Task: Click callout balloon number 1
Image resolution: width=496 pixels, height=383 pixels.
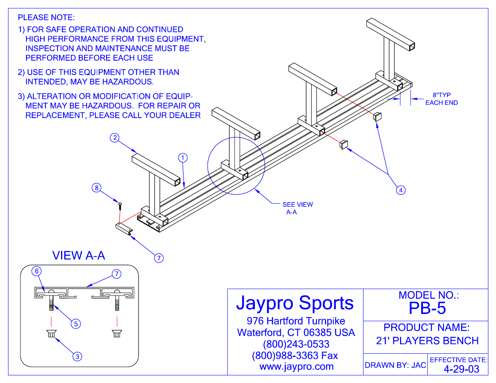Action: (x=183, y=157)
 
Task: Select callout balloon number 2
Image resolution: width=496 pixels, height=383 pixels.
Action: (x=115, y=138)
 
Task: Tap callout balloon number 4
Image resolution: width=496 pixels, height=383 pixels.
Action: (x=400, y=190)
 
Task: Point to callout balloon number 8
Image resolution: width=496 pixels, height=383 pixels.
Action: (x=96, y=187)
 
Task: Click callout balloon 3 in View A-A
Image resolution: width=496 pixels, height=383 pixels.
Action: (x=78, y=356)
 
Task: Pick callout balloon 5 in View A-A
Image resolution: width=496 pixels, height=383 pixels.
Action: (x=76, y=324)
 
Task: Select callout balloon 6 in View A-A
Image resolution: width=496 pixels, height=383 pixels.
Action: (x=37, y=271)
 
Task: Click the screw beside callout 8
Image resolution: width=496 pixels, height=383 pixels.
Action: (x=119, y=205)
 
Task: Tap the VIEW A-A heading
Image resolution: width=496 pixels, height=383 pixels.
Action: (x=79, y=255)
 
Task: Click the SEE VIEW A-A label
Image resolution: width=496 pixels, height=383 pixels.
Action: (x=297, y=208)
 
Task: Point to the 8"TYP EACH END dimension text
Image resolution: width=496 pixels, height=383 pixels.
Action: (x=441, y=99)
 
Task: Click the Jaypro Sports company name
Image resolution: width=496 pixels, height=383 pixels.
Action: (x=295, y=303)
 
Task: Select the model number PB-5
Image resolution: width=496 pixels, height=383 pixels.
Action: (x=427, y=308)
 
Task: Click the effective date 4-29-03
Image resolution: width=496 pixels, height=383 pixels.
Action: (x=461, y=369)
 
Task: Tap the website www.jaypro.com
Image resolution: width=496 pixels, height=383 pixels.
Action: (x=296, y=367)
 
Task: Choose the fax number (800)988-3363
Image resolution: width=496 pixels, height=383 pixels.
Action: (x=295, y=355)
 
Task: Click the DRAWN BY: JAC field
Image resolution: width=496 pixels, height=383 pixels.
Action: (x=395, y=365)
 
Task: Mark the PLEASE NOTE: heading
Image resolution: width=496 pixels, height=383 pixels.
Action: (x=46, y=17)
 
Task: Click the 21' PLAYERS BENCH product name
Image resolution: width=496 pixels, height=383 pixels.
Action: (x=427, y=340)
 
